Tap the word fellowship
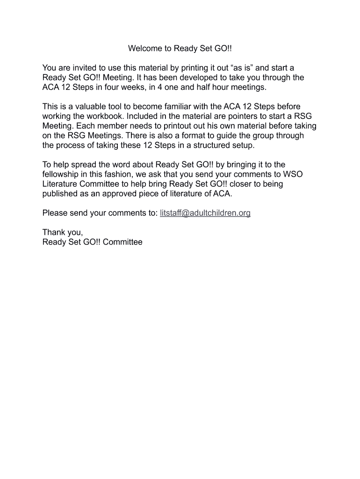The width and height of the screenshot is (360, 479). pyautogui.click(x=62, y=174)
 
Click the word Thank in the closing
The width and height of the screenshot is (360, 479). pyautogui.click(x=53, y=232)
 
